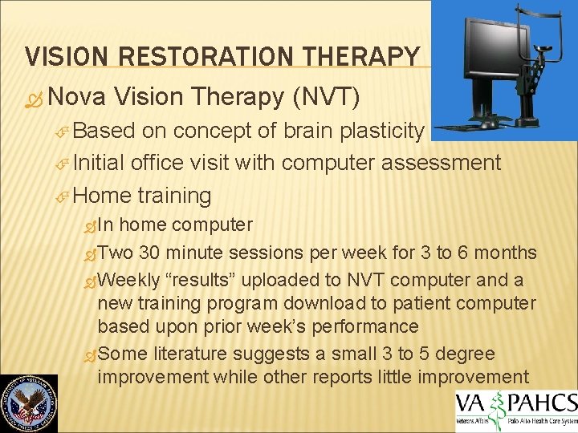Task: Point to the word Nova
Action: click(x=78, y=96)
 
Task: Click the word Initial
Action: click(x=102, y=163)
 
